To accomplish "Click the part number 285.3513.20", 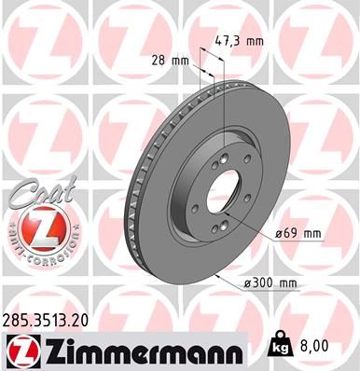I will point(47,320).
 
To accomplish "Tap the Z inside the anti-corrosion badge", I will point(34,228).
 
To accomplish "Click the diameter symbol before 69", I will point(280,232).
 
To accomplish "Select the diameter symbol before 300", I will point(246,283).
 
